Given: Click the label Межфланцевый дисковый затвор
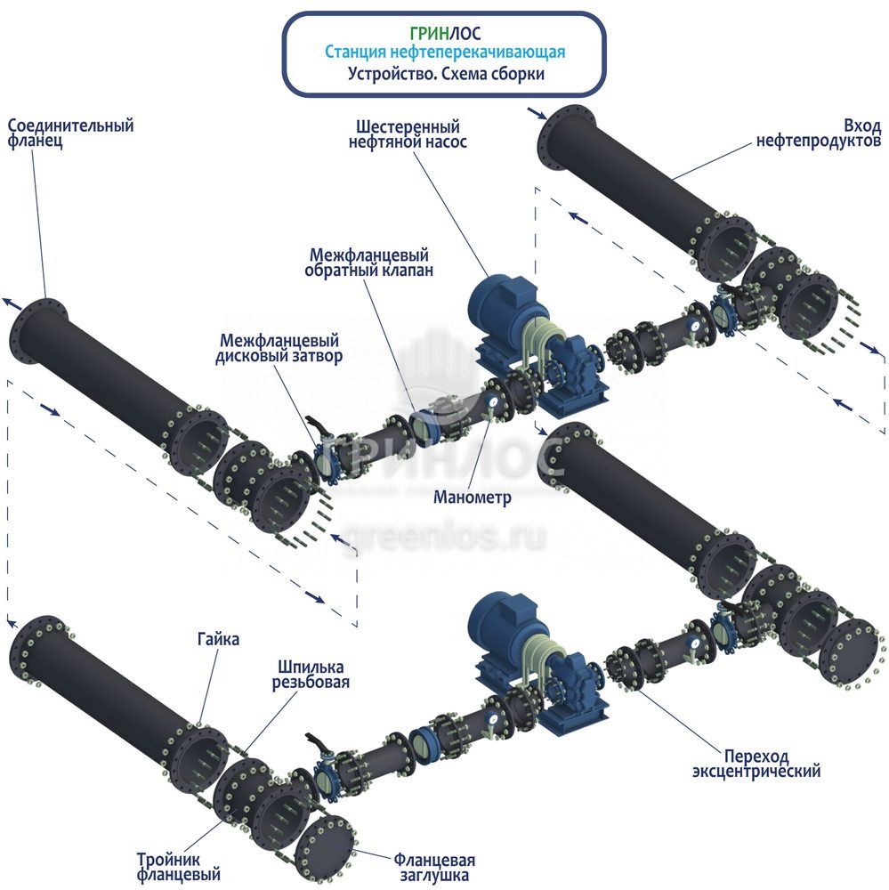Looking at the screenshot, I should pyautogui.click(x=279, y=348).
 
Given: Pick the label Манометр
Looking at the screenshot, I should pyautogui.click(x=473, y=498).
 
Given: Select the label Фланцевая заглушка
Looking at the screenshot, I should pyautogui.click(x=433, y=868).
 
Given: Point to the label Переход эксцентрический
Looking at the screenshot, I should pyautogui.click(x=756, y=763).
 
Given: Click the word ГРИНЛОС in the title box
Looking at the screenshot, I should pyautogui.click(x=445, y=34).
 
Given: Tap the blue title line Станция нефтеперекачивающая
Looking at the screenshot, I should pyautogui.click(x=445, y=53).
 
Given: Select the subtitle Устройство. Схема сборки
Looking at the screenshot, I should pyautogui.click(x=445, y=75).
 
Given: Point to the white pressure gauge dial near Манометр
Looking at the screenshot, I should pyautogui.click(x=492, y=404).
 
